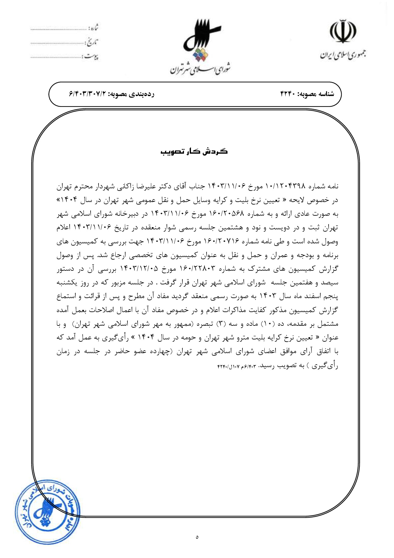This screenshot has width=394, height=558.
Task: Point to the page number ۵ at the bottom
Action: pyautogui.click(x=197, y=537)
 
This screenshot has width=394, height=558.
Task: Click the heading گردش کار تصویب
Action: pyautogui.click(x=194, y=151)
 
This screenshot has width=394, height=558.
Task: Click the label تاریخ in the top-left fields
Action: pyautogui.click(x=92, y=42)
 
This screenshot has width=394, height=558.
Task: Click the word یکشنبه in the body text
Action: pyautogui.click(x=67, y=283)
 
